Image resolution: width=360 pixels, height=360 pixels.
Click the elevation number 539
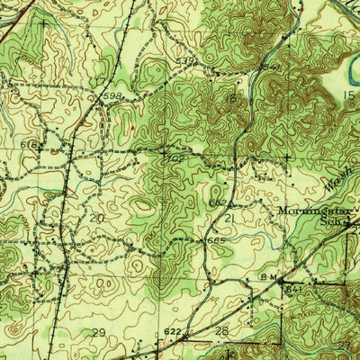[x=186, y=61]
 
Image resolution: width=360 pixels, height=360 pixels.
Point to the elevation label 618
[x=28, y=143]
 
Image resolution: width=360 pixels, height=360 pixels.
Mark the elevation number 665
[x=213, y=241]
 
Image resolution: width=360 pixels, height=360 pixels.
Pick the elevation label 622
[x=173, y=331]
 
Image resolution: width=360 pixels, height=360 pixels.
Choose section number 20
[x=96, y=218]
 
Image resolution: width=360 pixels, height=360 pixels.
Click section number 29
[x=98, y=332]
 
